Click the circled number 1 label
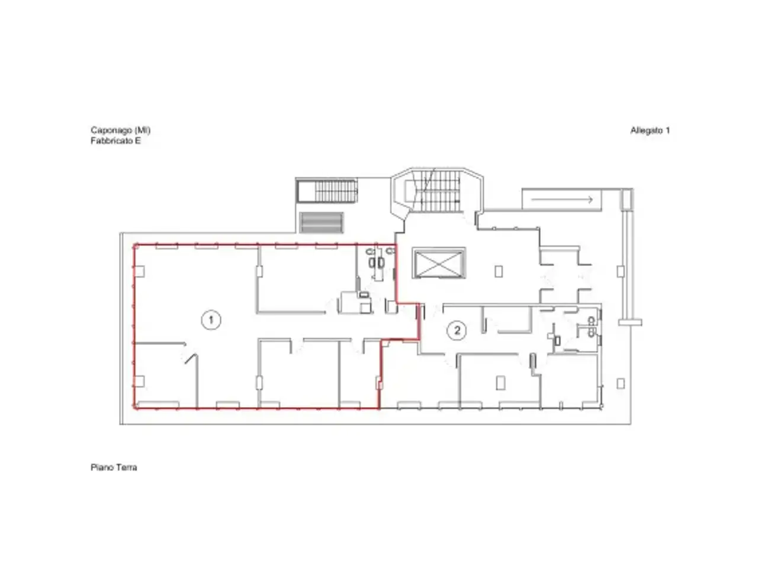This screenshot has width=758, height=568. (x=211, y=320)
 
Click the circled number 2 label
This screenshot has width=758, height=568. (x=457, y=330)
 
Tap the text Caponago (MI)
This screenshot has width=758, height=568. (x=121, y=130)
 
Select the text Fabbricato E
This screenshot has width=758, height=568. (x=115, y=141)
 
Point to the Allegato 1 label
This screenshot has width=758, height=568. (x=650, y=130)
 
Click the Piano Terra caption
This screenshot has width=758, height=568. (x=114, y=467)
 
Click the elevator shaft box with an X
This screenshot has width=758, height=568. (x=439, y=263)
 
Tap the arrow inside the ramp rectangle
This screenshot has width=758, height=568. (x=562, y=199)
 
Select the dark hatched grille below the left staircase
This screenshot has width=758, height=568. (x=321, y=222)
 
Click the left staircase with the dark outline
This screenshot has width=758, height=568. (x=326, y=191)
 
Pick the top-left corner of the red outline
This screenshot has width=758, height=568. (x=135, y=246)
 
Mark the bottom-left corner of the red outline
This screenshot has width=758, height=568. (x=135, y=408)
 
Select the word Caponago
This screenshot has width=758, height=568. (x=111, y=130)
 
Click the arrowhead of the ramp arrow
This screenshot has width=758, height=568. (x=590, y=199)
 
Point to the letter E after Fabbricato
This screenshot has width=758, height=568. (x=138, y=141)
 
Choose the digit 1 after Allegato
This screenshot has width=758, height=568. (x=667, y=130)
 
